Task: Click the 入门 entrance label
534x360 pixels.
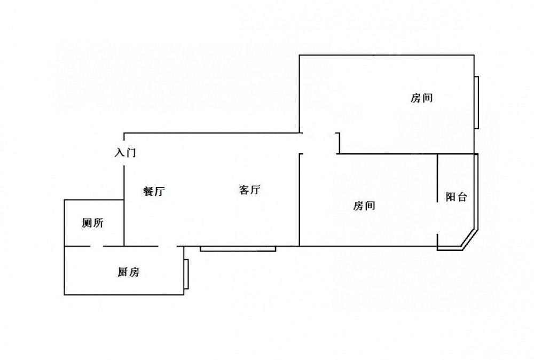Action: click(125, 153)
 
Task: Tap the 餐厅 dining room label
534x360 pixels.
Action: click(154, 192)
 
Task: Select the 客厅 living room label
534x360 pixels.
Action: click(249, 190)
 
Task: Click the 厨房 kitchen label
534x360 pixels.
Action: click(128, 272)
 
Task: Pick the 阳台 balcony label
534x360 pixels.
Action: click(457, 197)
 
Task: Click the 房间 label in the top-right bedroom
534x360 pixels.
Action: click(421, 98)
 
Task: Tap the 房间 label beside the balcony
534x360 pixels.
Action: click(364, 206)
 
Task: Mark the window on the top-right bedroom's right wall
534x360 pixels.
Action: click(476, 102)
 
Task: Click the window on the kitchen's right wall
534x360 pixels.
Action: click(186, 275)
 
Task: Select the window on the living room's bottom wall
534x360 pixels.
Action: click(238, 248)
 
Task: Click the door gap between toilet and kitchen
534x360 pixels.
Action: click(97, 246)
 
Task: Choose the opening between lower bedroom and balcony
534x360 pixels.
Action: click(438, 218)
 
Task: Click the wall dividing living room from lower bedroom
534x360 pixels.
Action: click(299, 200)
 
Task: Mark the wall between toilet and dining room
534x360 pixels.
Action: click(124, 222)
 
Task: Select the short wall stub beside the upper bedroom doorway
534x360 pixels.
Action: click(339, 143)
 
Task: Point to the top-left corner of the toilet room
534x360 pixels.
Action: click(65, 200)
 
